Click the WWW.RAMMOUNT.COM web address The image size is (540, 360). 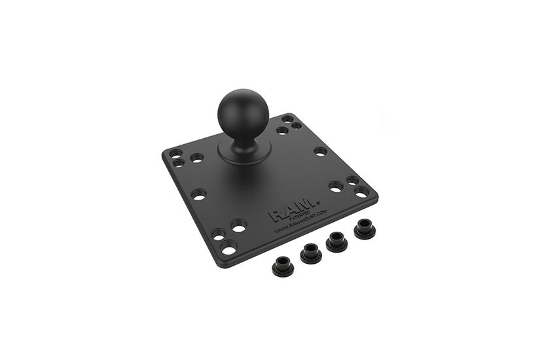(x=301, y=223)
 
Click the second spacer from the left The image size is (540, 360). (x=310, y=251)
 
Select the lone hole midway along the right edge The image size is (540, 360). (x=320, y=151)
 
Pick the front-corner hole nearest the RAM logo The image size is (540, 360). (x=239, y=226)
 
